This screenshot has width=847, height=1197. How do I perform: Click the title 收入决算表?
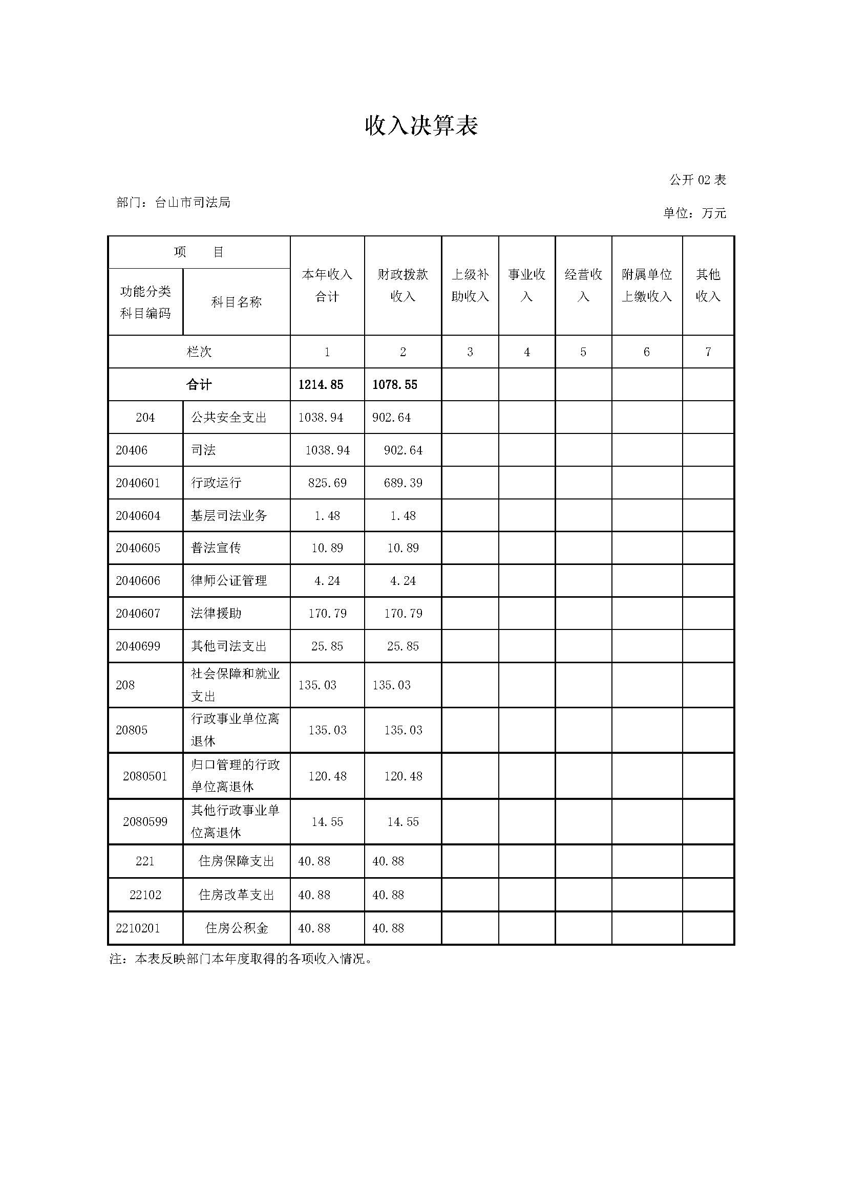(421, 126)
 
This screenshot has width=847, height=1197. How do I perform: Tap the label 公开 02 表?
(697, 180)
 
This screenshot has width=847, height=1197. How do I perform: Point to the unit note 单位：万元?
(694, 213)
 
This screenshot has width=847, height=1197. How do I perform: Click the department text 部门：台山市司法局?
(173, 202)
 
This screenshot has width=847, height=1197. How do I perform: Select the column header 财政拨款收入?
(403, 285)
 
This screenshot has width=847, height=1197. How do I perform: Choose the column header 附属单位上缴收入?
(647, 285)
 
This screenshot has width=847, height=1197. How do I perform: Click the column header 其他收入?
(708, 285)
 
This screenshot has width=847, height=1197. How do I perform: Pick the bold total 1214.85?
(321, 385)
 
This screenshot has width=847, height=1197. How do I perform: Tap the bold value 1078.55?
(395, 385)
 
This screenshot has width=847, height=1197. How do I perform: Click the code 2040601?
(138, 483)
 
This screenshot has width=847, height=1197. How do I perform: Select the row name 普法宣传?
(216, 548)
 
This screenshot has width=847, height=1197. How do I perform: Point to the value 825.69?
(327, 483)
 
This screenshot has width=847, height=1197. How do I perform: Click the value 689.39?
(403, 483)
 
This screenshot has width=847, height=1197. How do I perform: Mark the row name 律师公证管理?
(229, 580)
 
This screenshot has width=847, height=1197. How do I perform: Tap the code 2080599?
(145, 822)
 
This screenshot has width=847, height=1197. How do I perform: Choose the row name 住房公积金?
(236, 928)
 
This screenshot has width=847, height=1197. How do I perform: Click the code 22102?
(145, 895)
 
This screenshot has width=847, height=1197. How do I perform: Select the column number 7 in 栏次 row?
(708, 352)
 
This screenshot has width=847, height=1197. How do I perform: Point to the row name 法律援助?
(216, 613)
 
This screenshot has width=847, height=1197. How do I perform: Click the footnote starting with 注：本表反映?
(241, 959)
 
